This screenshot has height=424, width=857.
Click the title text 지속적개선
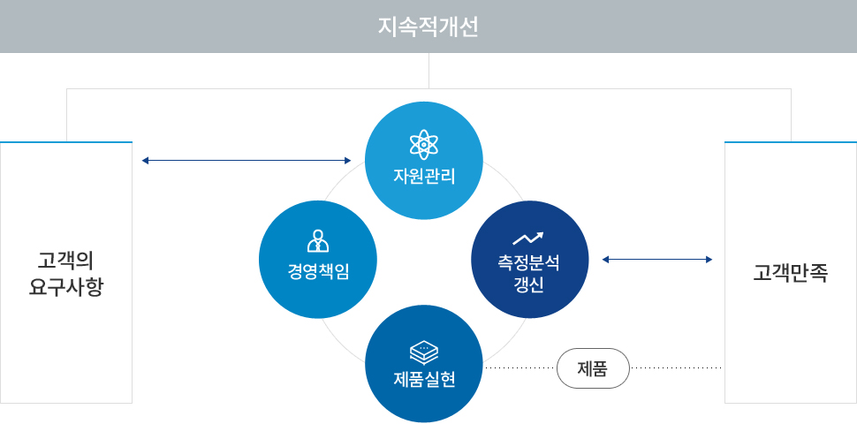[x=428, y=27]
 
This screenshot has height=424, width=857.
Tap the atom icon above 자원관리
[x=423, y=144]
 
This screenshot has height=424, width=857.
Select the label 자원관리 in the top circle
[x=423, y=177]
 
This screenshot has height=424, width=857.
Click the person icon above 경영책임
[x=318, y=240]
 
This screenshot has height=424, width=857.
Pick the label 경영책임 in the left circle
[x=318, y=271]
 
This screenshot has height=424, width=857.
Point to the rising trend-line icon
[x=528, y=238]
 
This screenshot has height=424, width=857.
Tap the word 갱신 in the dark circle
[x=528, y=285]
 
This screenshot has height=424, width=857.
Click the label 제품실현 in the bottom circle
[x=423, y=379]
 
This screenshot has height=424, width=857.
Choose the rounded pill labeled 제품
[x=593, y=368]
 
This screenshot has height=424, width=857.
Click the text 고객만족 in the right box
[x=791, y=272]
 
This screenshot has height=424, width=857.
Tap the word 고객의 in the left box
[x=65, y=261]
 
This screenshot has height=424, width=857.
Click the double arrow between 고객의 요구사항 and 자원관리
[x=246, y=161]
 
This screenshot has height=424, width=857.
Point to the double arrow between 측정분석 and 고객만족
[x=657, y=260]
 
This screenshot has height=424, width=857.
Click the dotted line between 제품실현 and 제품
[x=520, y=368]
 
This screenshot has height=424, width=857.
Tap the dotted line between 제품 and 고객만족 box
[x=677, y=368]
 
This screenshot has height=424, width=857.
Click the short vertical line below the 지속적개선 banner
[x=429, y=71]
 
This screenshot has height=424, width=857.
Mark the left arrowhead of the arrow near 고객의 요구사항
[x=145, y=161]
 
